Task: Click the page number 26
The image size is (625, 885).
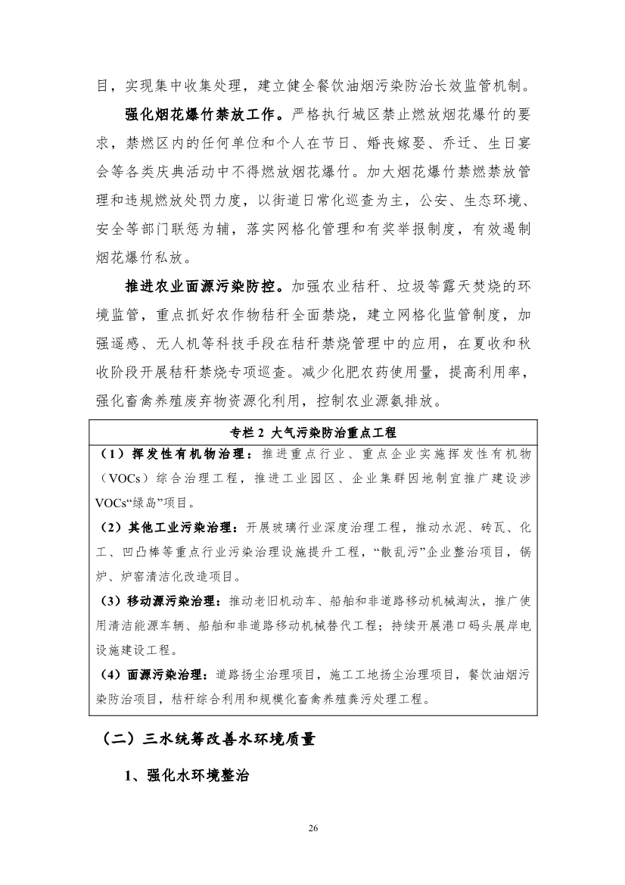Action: point(312,828)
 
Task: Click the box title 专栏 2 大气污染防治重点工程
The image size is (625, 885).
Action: point(312,432)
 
